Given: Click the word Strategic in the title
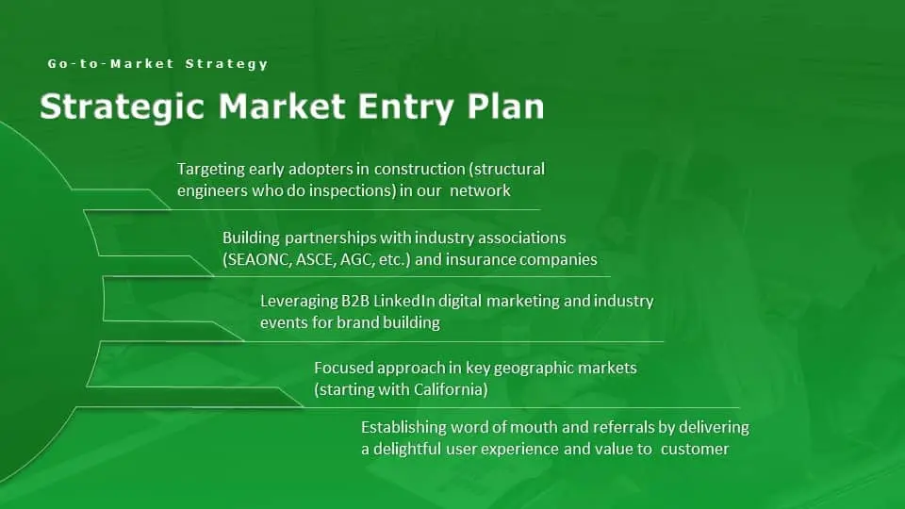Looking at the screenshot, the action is [x=122, y=107].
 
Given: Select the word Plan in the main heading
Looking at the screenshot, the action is [x=505, y=107].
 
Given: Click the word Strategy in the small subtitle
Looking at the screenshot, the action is [x=227, y=64].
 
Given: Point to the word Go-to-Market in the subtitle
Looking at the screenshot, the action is [x=111, y=63].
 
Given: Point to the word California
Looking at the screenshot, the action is [x=451, y=389].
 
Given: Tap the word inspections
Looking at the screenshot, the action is [x=354, y=191].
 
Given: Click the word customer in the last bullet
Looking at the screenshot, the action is [x=695, y=449].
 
